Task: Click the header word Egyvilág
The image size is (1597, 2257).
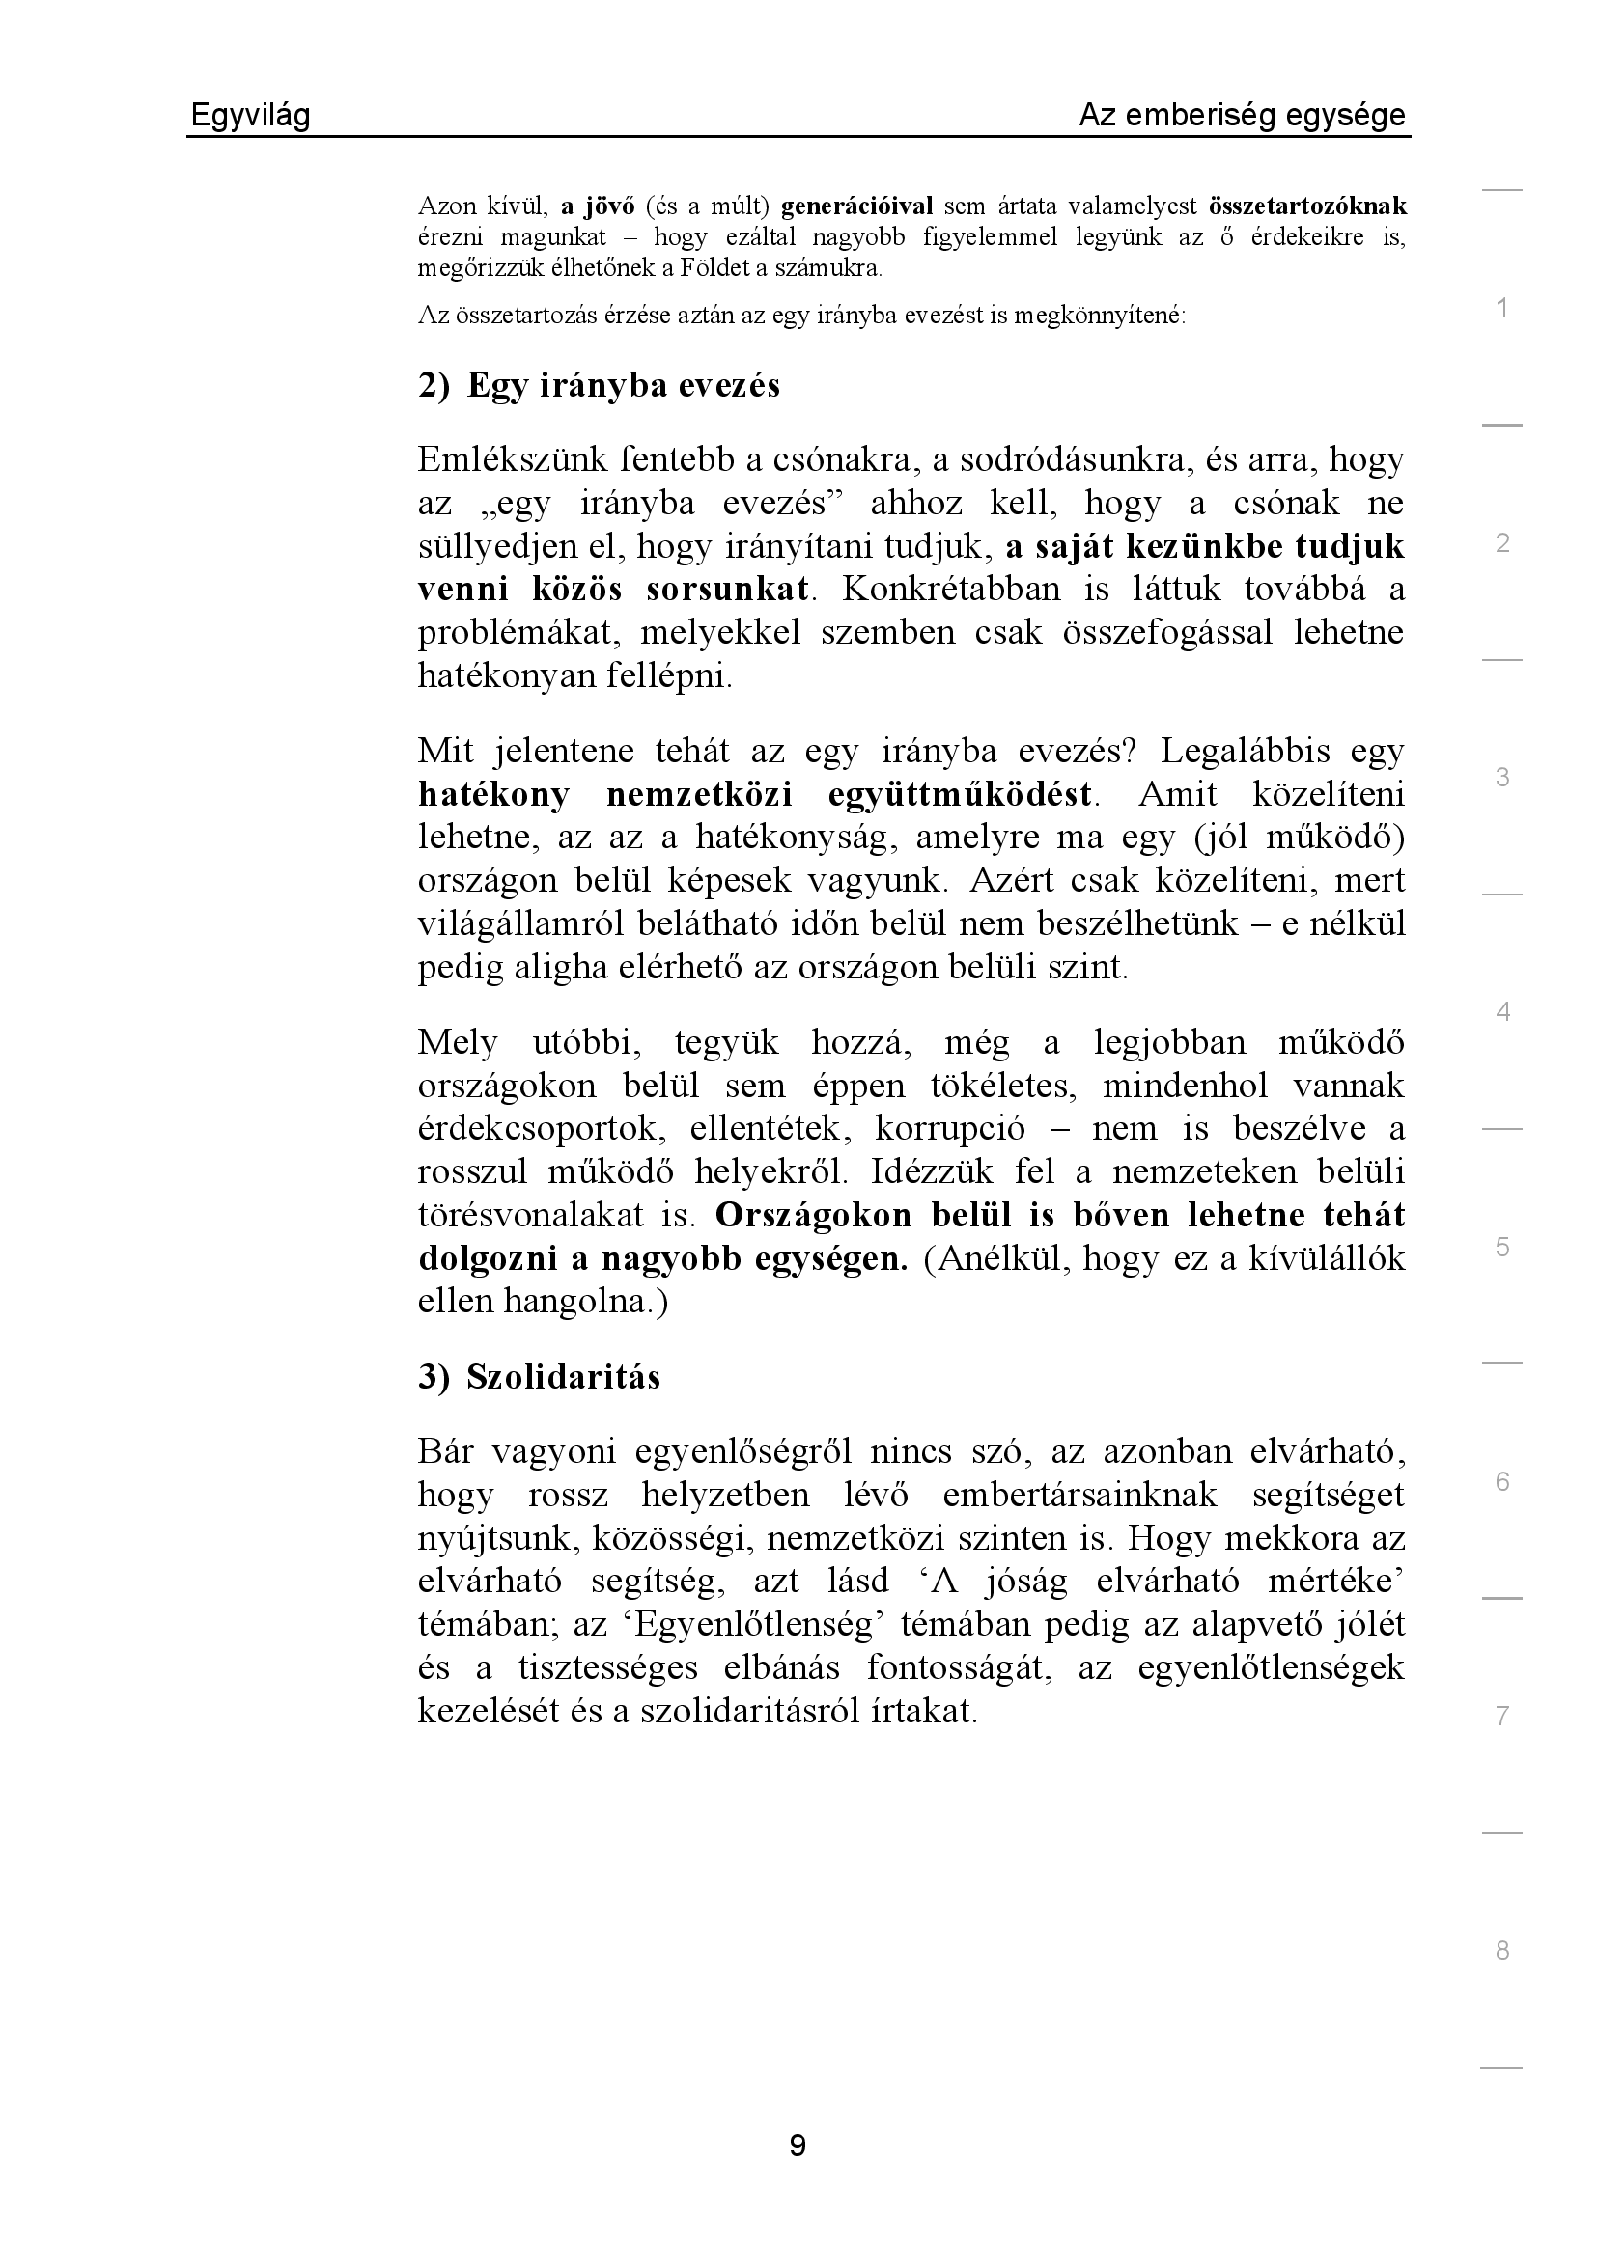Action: pos(250,117)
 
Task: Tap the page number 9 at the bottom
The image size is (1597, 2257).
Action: pos(798,2144)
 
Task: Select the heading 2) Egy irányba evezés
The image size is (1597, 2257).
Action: pos(599,385)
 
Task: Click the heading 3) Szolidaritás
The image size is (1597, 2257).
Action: pos(539,1377)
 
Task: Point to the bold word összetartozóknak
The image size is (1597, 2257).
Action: pos(1307,206)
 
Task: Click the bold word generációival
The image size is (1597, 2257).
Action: pos(856,206)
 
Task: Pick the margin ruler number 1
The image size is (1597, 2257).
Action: pos(1501,308)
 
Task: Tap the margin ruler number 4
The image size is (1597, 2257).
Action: pos(1501,1011)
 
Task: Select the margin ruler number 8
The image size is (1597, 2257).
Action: pos(1501,1950)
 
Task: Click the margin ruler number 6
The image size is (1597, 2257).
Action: pos(1501,1481)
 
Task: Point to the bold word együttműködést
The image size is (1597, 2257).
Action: pos(961,794)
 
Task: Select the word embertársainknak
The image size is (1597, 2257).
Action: pos(1079,1495)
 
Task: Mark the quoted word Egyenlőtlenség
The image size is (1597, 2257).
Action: pos(754,1624)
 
